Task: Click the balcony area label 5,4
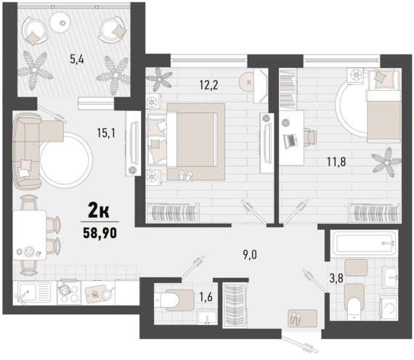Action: [77, 60]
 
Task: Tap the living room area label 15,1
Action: [106, 133]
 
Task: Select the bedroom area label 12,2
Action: [209, 85]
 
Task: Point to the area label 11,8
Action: [336, 162]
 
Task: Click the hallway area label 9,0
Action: [250, 255]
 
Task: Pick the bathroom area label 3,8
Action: [336, 278]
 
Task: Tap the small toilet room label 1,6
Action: [206, 298]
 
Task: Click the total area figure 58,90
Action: [100, 233]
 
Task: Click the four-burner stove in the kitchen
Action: [69, 292]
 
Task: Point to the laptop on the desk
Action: [291, 140]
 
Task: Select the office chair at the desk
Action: [310, 137]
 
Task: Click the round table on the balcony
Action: [62, 22]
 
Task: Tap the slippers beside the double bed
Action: [185, 175]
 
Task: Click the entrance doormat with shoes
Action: [303, 319]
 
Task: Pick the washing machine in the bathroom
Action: [389, 308]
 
